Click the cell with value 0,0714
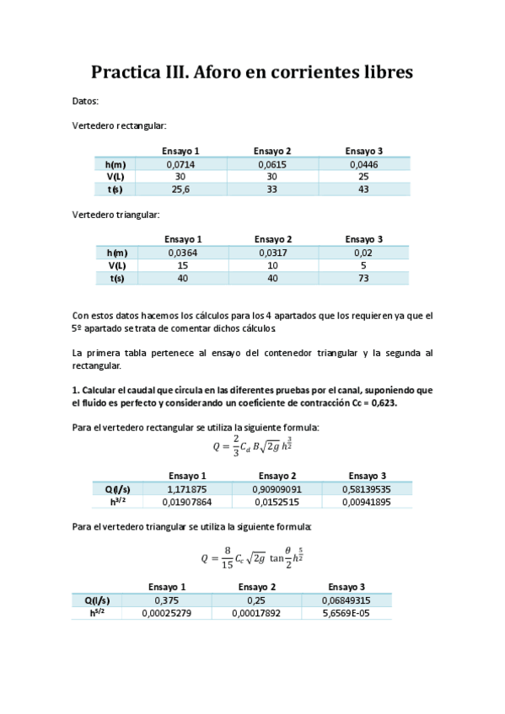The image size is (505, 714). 180,164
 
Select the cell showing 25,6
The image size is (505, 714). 180,189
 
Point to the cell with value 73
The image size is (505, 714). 363,278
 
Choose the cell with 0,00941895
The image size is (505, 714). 366,502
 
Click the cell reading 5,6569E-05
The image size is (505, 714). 346,613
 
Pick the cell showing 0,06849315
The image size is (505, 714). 346,600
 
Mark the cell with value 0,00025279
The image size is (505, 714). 166,613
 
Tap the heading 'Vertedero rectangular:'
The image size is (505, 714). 120,125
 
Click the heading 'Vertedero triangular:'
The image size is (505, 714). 116,216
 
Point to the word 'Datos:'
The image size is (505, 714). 86,101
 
